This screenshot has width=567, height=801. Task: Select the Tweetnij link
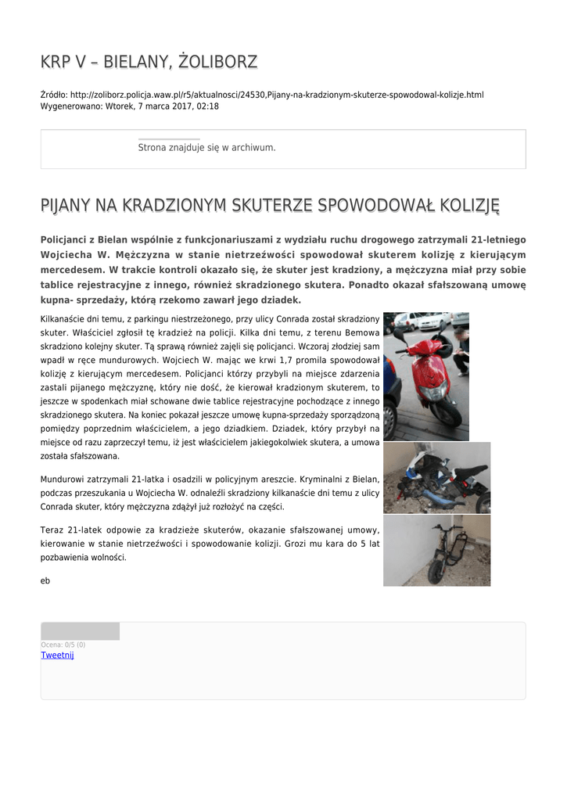[57, 655]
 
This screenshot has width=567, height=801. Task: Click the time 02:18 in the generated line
[207, 106]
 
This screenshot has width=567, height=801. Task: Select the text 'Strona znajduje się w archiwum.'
[206, 147]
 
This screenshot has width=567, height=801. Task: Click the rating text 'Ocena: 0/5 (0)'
[63, 645]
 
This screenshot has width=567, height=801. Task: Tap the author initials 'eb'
[45, 580]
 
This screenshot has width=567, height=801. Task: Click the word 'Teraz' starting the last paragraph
[52, 530]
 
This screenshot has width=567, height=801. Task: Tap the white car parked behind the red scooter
[430, 321]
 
